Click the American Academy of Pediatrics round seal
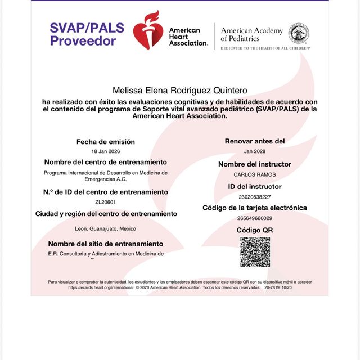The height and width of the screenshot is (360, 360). (x=299, y=33)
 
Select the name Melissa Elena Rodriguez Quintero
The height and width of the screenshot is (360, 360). (x=179, y=90)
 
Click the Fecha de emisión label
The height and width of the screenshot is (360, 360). (x=106, y=142)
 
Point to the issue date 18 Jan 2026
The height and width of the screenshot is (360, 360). (x=106, y=152)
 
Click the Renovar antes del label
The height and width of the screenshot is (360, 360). (x=255, y=141)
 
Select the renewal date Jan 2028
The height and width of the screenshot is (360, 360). (x=255, y=152)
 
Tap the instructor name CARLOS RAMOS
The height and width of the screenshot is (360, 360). (x=255, y=174)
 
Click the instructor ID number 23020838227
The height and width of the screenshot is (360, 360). (x=255, y=197)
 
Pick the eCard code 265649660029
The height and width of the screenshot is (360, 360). (x=255, y=218)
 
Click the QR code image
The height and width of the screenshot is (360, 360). (x=255, y=252)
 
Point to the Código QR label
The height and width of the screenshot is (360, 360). (x=255, y=230)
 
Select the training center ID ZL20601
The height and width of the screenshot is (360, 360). (x=106, y=202)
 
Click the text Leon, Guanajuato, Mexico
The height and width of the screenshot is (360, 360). (x=106, y=229)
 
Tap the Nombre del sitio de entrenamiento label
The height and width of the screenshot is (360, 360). (x=106, y=244)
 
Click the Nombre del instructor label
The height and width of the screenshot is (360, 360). (x=255, y=164)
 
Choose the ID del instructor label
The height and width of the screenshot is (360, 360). (x=255, y=186)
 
